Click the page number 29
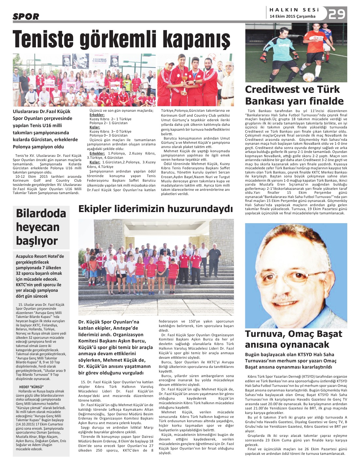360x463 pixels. (337, 14)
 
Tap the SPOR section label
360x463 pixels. (26, 16)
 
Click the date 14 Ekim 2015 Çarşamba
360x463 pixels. (292, 16)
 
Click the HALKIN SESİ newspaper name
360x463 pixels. (294, 10)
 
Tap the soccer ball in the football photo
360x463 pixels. (308, 77)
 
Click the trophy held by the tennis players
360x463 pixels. (185, 79)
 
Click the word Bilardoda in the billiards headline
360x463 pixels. (41, 213)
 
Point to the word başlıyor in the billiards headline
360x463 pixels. (37, 241)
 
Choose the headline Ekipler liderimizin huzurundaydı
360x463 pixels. (155, 209)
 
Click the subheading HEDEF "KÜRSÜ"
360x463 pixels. (31, 387)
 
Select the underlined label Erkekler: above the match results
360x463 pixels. (97, 115)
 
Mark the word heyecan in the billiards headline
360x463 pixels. (38, 227)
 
